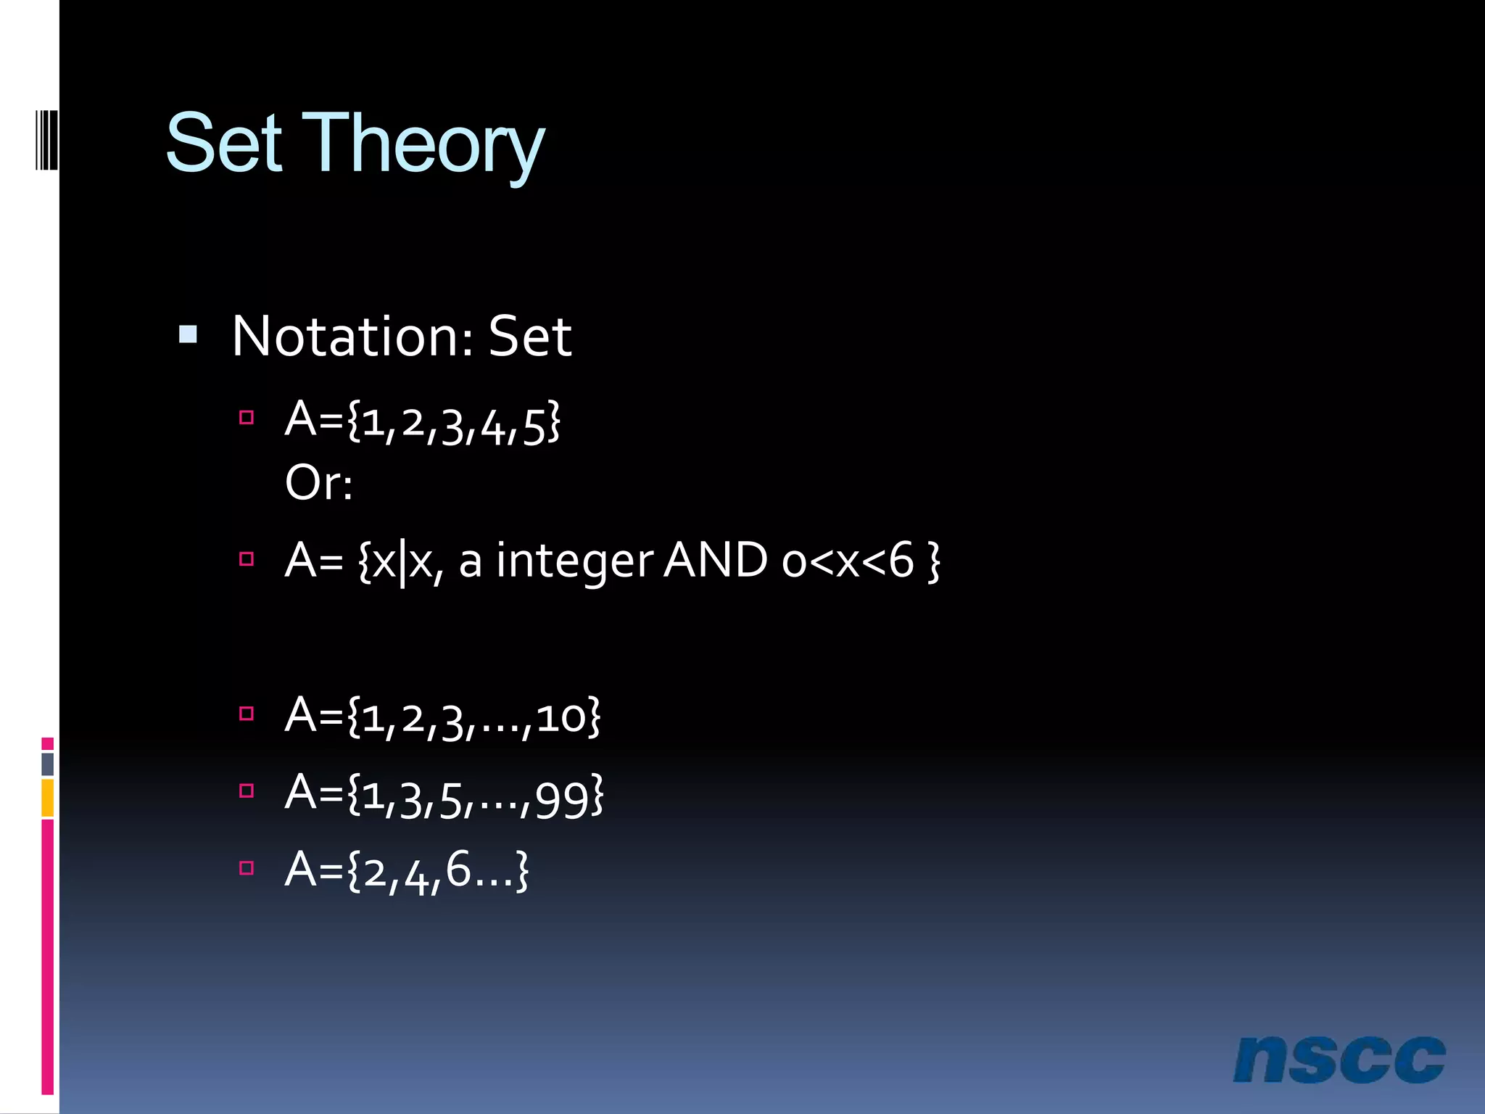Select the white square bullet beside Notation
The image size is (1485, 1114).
click(188, 334)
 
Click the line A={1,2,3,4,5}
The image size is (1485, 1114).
click(422, 421)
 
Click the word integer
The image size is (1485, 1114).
click(574, 561)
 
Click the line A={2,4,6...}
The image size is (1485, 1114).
click(407, 870)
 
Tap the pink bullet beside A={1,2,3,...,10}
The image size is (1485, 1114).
click(247, 714)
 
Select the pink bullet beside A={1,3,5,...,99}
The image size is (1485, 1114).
click(247, 791)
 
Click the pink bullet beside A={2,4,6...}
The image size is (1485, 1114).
click(247, 868)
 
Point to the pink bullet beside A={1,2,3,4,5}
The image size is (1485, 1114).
click(247, 418)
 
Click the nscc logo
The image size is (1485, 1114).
click(1339, 1060)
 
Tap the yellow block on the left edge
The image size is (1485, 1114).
click(48, 797)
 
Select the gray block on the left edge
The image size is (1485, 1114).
click(48, 764)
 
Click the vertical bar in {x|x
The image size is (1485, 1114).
click(402, 563)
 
